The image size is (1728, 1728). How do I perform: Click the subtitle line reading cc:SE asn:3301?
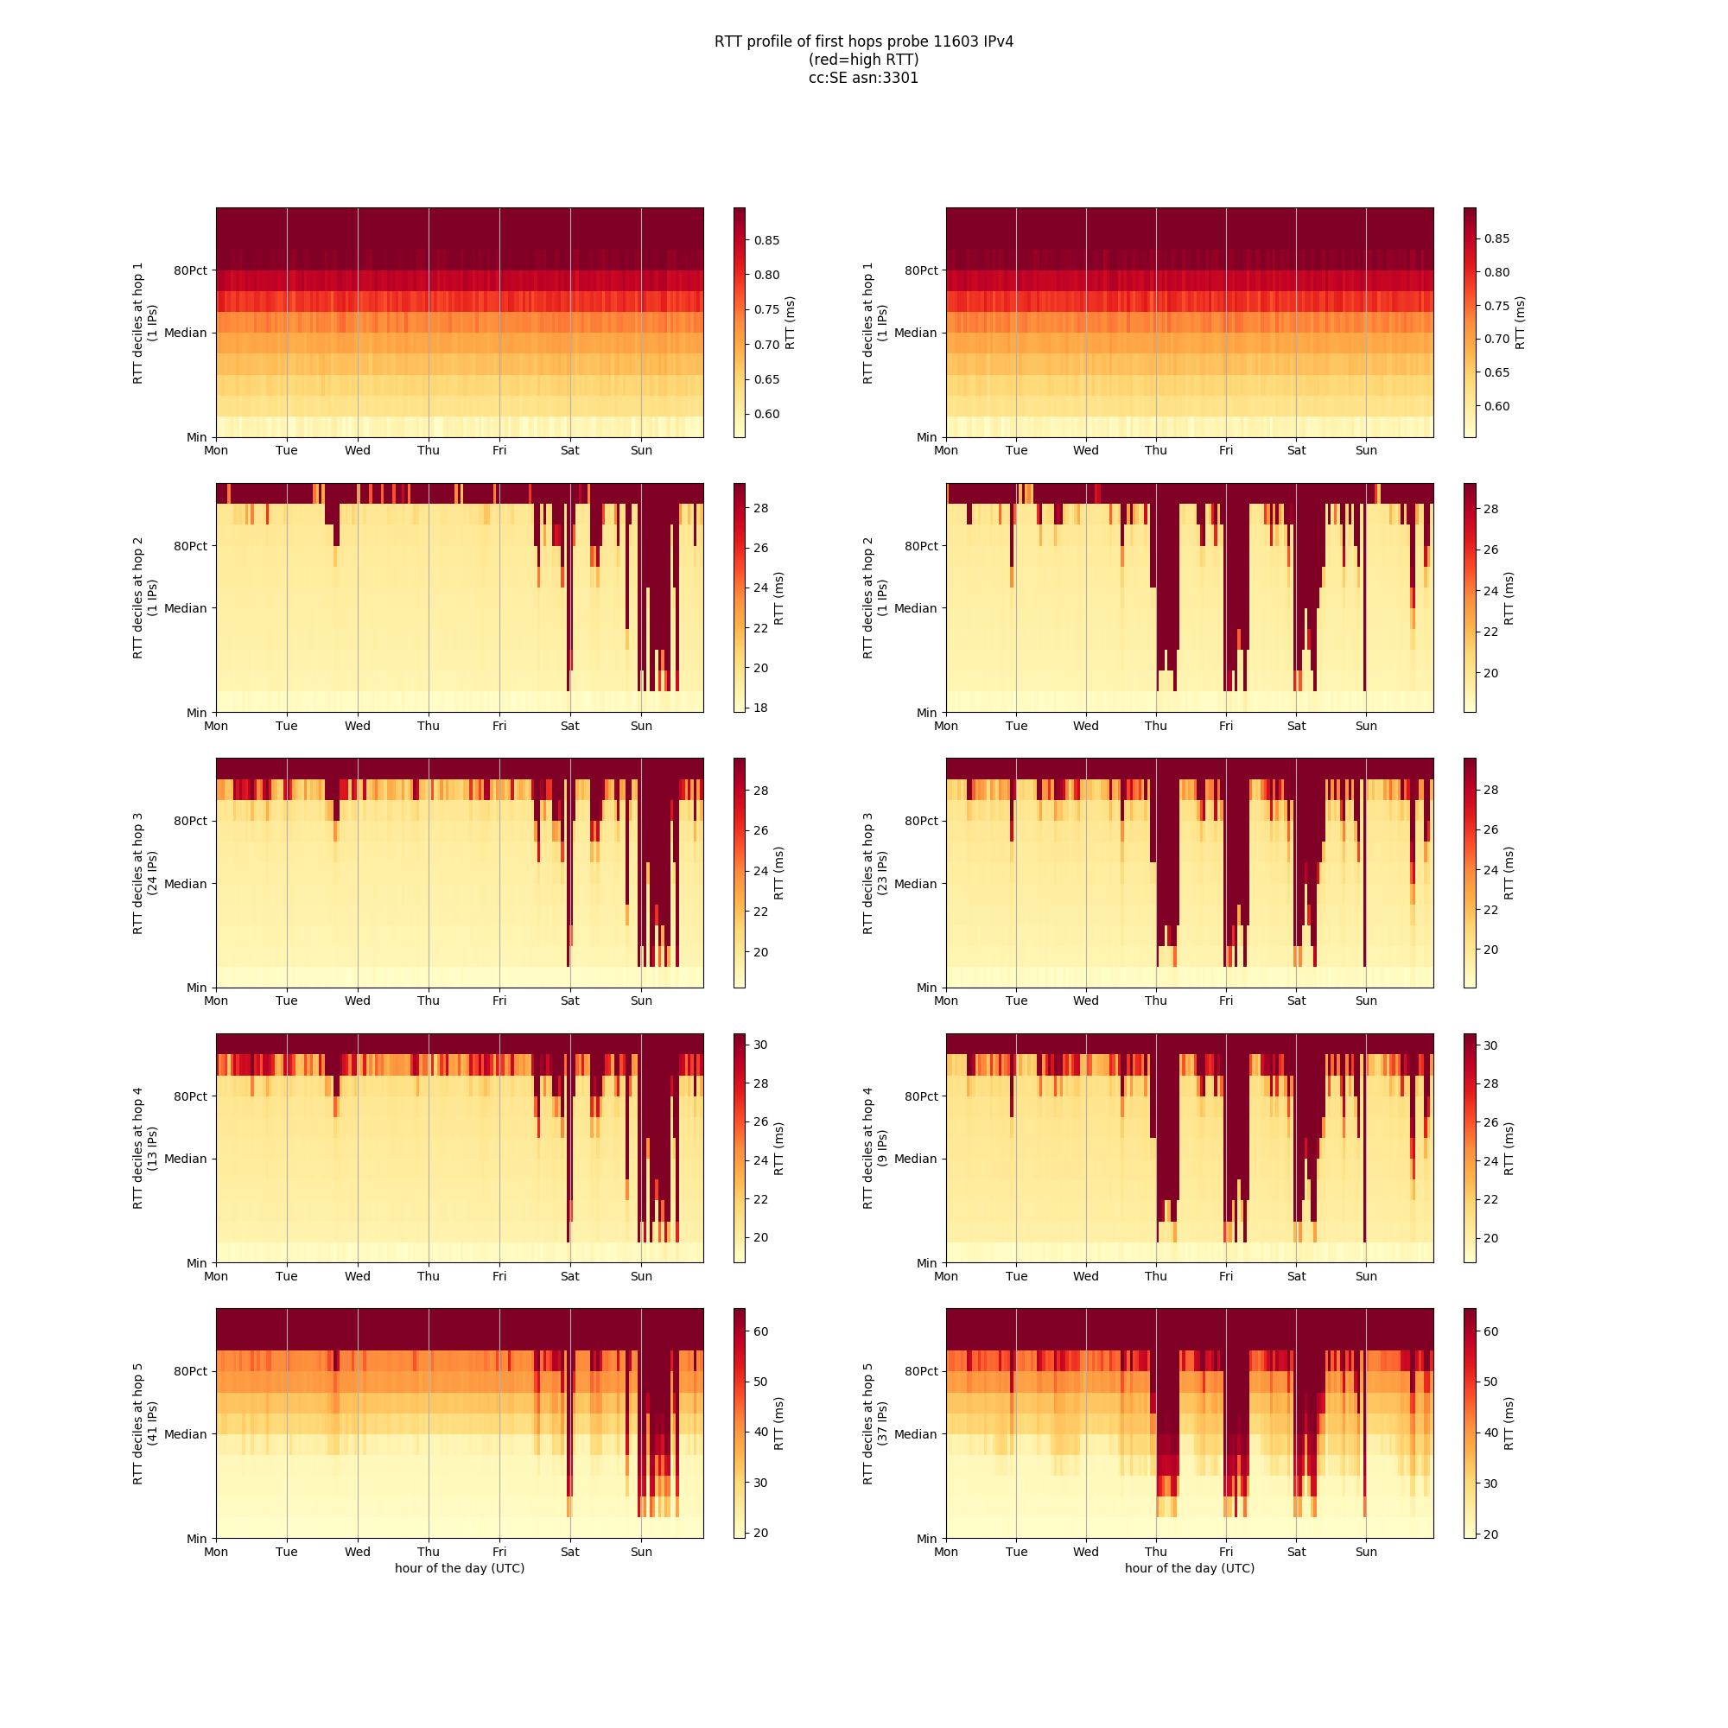863,78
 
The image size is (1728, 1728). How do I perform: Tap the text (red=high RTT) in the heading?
863,60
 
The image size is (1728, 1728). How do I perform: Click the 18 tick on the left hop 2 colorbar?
760,708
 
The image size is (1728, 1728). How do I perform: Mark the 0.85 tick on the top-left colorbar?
766,239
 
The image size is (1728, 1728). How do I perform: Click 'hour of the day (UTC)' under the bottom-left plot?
460,1568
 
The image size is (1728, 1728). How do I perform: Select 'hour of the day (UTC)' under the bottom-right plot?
1190,1568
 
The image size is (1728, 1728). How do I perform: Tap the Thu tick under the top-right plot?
1155,450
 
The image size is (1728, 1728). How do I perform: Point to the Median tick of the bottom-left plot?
185,1434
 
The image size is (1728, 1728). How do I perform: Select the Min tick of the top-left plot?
197,437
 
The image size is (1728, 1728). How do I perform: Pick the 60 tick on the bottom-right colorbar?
1490,1331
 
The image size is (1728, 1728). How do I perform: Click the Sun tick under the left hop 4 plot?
641,1276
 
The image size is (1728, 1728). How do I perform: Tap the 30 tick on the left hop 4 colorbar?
760,1045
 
